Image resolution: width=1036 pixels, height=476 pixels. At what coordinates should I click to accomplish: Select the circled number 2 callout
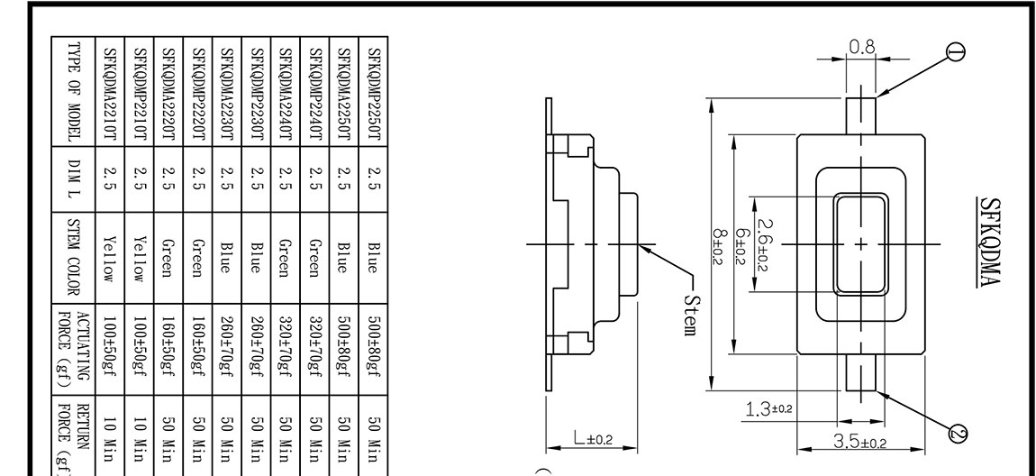[957, 436]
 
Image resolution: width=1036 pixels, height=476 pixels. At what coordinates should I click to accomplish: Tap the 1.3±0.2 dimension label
[768, 411]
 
